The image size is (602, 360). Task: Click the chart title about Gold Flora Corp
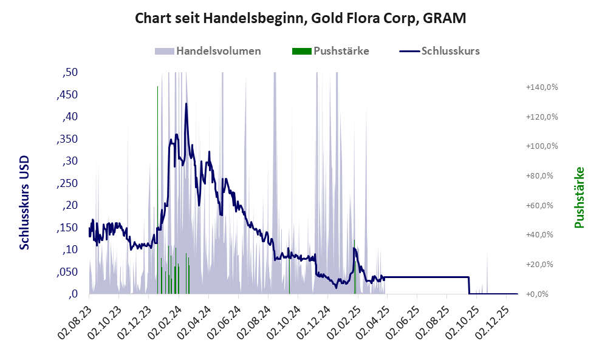(x=301, y=18)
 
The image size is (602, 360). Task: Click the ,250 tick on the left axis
(x=67, y=183)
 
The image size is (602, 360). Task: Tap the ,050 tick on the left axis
(x=67, y=272)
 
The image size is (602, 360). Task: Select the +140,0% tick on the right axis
(x=542, y=87)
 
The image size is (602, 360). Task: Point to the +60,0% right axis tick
(x=542, y=205)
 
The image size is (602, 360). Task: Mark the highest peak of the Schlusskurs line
(x=186, y=104)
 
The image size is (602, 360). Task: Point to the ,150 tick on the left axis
(x=67, y=228)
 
